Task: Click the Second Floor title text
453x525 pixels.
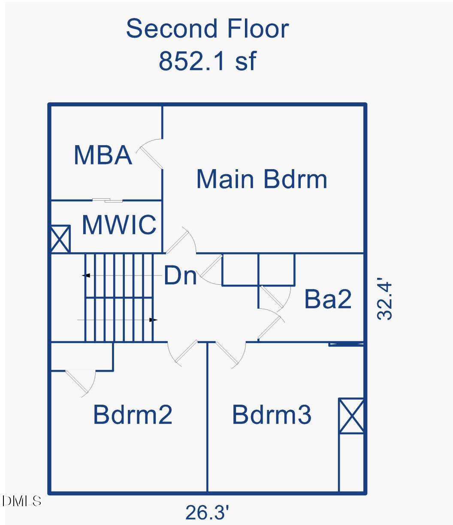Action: tap(208, 28)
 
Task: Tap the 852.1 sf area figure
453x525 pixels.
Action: tap(208, 61)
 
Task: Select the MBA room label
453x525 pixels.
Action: tap(103, 155)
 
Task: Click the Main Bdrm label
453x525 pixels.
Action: tap(262, 179)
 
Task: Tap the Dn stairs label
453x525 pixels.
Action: tap(180, 275)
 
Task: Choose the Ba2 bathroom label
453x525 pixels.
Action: tap(328, 299)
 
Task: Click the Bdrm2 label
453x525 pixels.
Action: tap(133, 415)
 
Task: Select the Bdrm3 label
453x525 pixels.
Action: tap(272, 415)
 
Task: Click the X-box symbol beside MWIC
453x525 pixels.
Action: tap(60, 239)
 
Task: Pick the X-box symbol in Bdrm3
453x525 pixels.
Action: tap(351, 416)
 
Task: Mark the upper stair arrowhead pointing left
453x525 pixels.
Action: tap(86, 275)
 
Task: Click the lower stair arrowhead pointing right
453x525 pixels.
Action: tap(153, 320)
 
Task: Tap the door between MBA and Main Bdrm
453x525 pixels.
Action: tap(149, 154)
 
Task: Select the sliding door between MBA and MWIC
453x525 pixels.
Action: tap(107, 200)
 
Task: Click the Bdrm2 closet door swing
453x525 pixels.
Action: tap(80, 383)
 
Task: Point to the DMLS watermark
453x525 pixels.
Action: tap(21, 501)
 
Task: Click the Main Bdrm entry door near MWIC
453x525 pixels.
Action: tap(181, 240)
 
